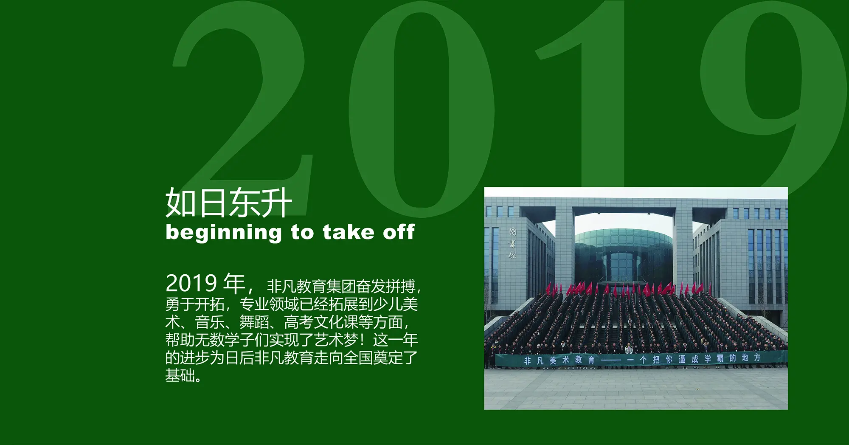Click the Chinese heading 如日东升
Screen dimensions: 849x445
tap(228, 203)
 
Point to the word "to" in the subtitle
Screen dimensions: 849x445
tap(302, 232)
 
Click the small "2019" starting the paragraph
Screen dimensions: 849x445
tap(191, 283)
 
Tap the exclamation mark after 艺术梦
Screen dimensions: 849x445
tap(362, 340)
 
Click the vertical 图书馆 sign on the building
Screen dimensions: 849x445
tap(513, 243)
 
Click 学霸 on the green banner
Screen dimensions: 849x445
tap(714, 358)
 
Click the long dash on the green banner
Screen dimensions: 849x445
tap(611, 360)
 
